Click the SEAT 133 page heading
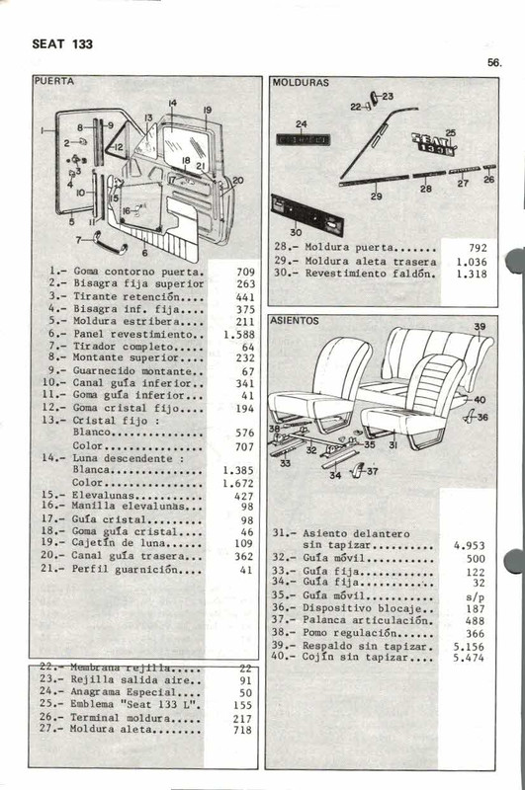pyautogui.click(x=62, y=44)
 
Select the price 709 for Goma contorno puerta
pyautogui.click(x=245, y=271)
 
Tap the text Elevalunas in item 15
pyautogui.click(x=99, y=497)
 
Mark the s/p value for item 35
pyautogui.click(x=477, y=596)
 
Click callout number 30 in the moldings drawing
pyautogui.click(x=296, y=233)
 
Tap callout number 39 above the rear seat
pyautogui.click(x=480, y=327)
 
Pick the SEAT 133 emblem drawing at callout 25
pyautogui.click(x=433, y=145)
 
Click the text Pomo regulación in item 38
pyautogui.click(x=366, y=633)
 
